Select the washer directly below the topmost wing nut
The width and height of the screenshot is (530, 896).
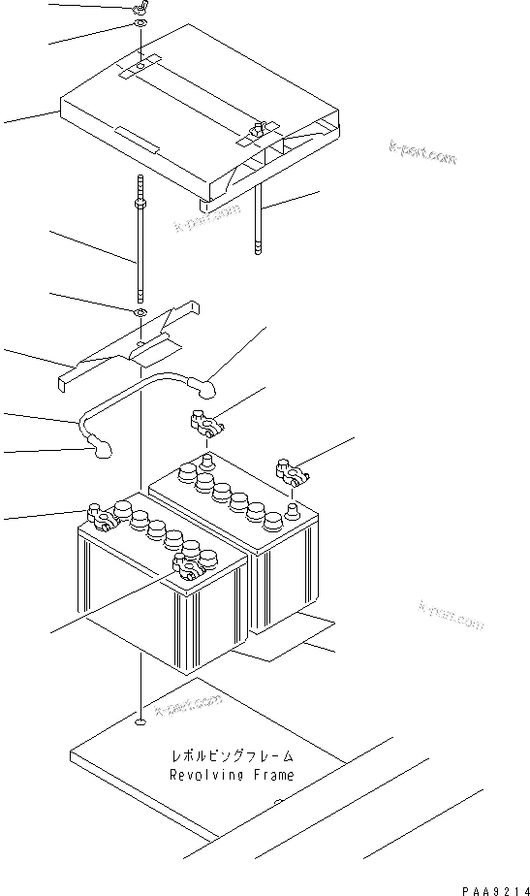[140, 24]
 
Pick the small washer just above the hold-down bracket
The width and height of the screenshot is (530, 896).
[141, 313]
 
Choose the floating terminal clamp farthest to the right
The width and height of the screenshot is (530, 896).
[290, 472]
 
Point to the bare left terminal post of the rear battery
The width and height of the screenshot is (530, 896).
[206, 459]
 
